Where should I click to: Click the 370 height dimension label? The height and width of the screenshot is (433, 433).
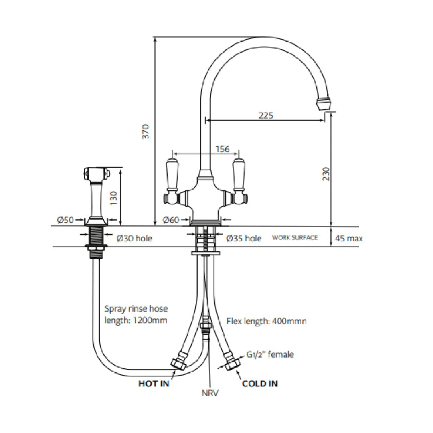146,132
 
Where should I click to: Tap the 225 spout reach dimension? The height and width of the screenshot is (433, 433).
266,115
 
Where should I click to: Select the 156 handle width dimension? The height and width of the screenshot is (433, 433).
223,149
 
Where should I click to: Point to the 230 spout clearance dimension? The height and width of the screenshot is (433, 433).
326,174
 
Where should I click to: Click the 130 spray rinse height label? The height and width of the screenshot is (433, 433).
114,196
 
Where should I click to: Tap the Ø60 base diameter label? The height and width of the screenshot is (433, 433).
170,220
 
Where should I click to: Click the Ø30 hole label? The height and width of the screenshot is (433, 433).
134,238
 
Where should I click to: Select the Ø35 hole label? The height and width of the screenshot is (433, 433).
244,238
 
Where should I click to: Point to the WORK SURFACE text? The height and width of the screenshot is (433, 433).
295,238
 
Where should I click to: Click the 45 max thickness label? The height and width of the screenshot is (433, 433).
349,239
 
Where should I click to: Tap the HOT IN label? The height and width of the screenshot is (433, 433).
154,384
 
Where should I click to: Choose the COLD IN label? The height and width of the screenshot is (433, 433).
260,384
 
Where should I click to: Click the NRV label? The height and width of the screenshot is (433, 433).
210,393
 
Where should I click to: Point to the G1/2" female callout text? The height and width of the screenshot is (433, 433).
270,354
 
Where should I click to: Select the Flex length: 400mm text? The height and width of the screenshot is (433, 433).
267,321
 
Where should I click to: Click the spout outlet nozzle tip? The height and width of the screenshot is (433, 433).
324,104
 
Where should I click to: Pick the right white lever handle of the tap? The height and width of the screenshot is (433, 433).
239,173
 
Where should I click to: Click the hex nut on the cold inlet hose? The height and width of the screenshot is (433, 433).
232,364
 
